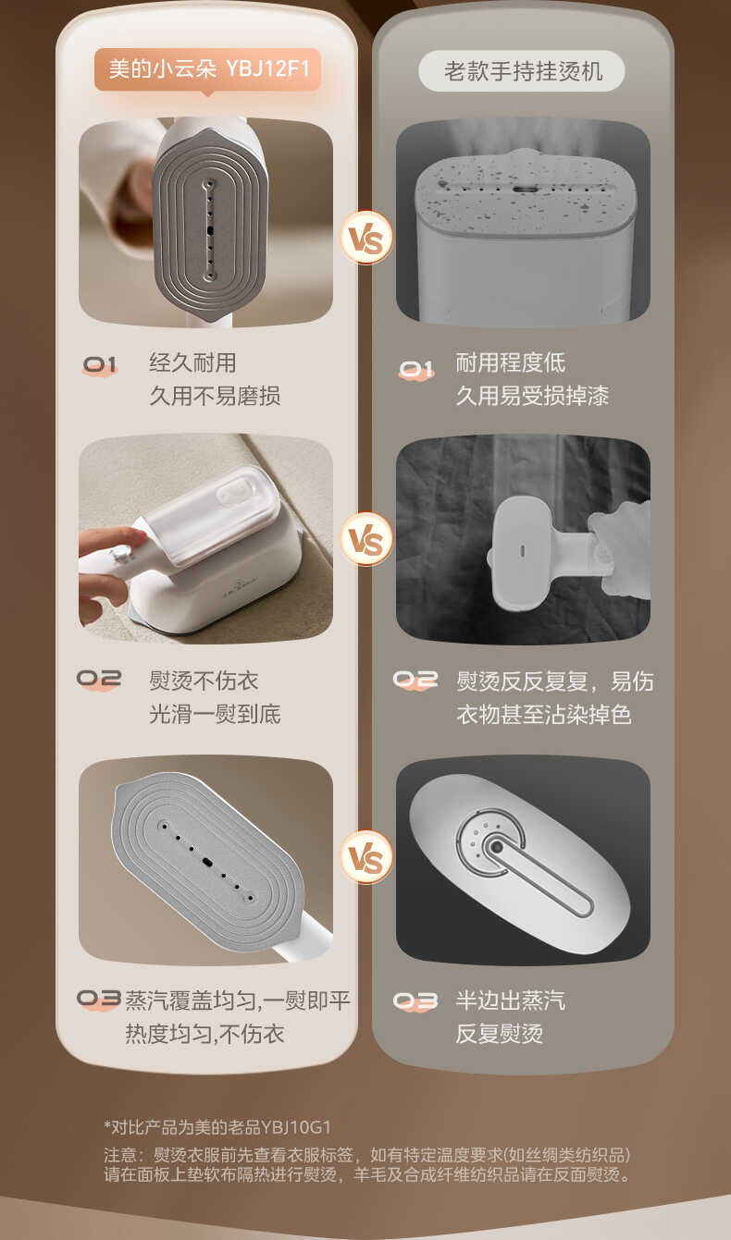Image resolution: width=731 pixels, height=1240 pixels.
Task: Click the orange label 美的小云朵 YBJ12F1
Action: (207, 70)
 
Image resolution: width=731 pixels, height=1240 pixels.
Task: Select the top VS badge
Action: (366, 237)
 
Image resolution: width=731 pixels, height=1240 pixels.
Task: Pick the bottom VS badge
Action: (366, 857)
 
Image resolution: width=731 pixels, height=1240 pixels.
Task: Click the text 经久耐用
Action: (192, 362)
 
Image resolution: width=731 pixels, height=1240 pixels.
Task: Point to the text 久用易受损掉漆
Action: (532, 396)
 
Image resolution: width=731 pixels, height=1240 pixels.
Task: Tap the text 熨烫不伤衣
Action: (204, 681)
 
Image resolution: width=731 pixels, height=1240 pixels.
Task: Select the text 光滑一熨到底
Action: (215, 714)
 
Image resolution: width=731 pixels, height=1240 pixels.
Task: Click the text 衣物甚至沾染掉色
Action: (544, 714)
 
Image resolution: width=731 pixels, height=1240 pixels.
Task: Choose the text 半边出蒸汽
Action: (510, 1001)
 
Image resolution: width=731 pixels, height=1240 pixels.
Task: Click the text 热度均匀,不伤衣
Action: (204, 1034)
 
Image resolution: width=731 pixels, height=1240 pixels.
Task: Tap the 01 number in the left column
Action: (100, 365)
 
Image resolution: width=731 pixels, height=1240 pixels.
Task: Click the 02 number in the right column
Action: (415, 681)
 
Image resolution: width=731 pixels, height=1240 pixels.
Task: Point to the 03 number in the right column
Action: (415, 1001)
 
